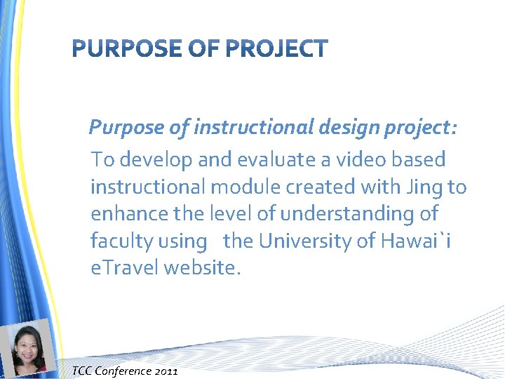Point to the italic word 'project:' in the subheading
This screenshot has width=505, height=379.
(x=421, y=128)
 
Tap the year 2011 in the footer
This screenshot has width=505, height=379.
(x=166, y=371)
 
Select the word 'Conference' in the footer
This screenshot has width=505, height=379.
(x=124, y=371)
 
